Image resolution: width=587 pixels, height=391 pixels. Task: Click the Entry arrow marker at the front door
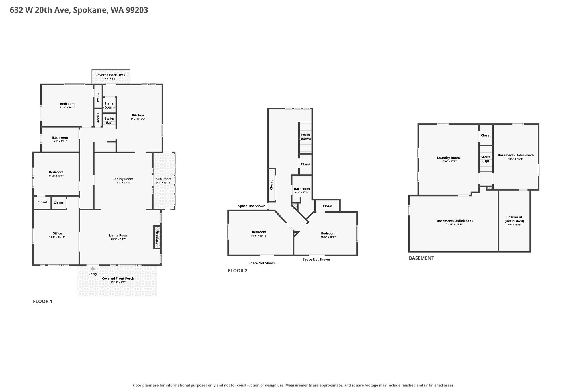[93, 268]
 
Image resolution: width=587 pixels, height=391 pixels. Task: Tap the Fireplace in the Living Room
[157, 237]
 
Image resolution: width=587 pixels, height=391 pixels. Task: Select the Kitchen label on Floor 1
[138, 115]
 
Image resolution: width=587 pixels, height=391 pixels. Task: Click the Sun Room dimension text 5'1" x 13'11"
[164, 183]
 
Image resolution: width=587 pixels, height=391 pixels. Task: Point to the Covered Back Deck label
[110, 75]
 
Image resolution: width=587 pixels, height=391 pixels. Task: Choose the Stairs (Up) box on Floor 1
[109, 121]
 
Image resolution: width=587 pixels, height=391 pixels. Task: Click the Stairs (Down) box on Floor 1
[109, 105]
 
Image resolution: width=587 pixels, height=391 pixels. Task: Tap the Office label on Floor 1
[57, 233]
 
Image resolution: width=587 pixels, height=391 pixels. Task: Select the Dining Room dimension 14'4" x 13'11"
[123, 183]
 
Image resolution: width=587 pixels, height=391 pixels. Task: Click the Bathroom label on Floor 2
[302, 189]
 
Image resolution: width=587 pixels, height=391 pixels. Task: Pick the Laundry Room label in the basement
[448, 158]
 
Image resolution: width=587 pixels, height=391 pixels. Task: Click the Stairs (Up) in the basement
[486, 159]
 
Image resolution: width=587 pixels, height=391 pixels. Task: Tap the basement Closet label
[486, 135]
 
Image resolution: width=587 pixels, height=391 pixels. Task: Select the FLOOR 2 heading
[238, 270]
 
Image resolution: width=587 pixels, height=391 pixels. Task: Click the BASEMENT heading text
[421, 258]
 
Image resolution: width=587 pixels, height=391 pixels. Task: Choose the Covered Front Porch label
[118, 278]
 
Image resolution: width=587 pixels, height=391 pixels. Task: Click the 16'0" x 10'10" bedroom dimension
[259, 236]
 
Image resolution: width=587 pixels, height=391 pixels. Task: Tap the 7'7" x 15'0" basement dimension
[514, 225]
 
